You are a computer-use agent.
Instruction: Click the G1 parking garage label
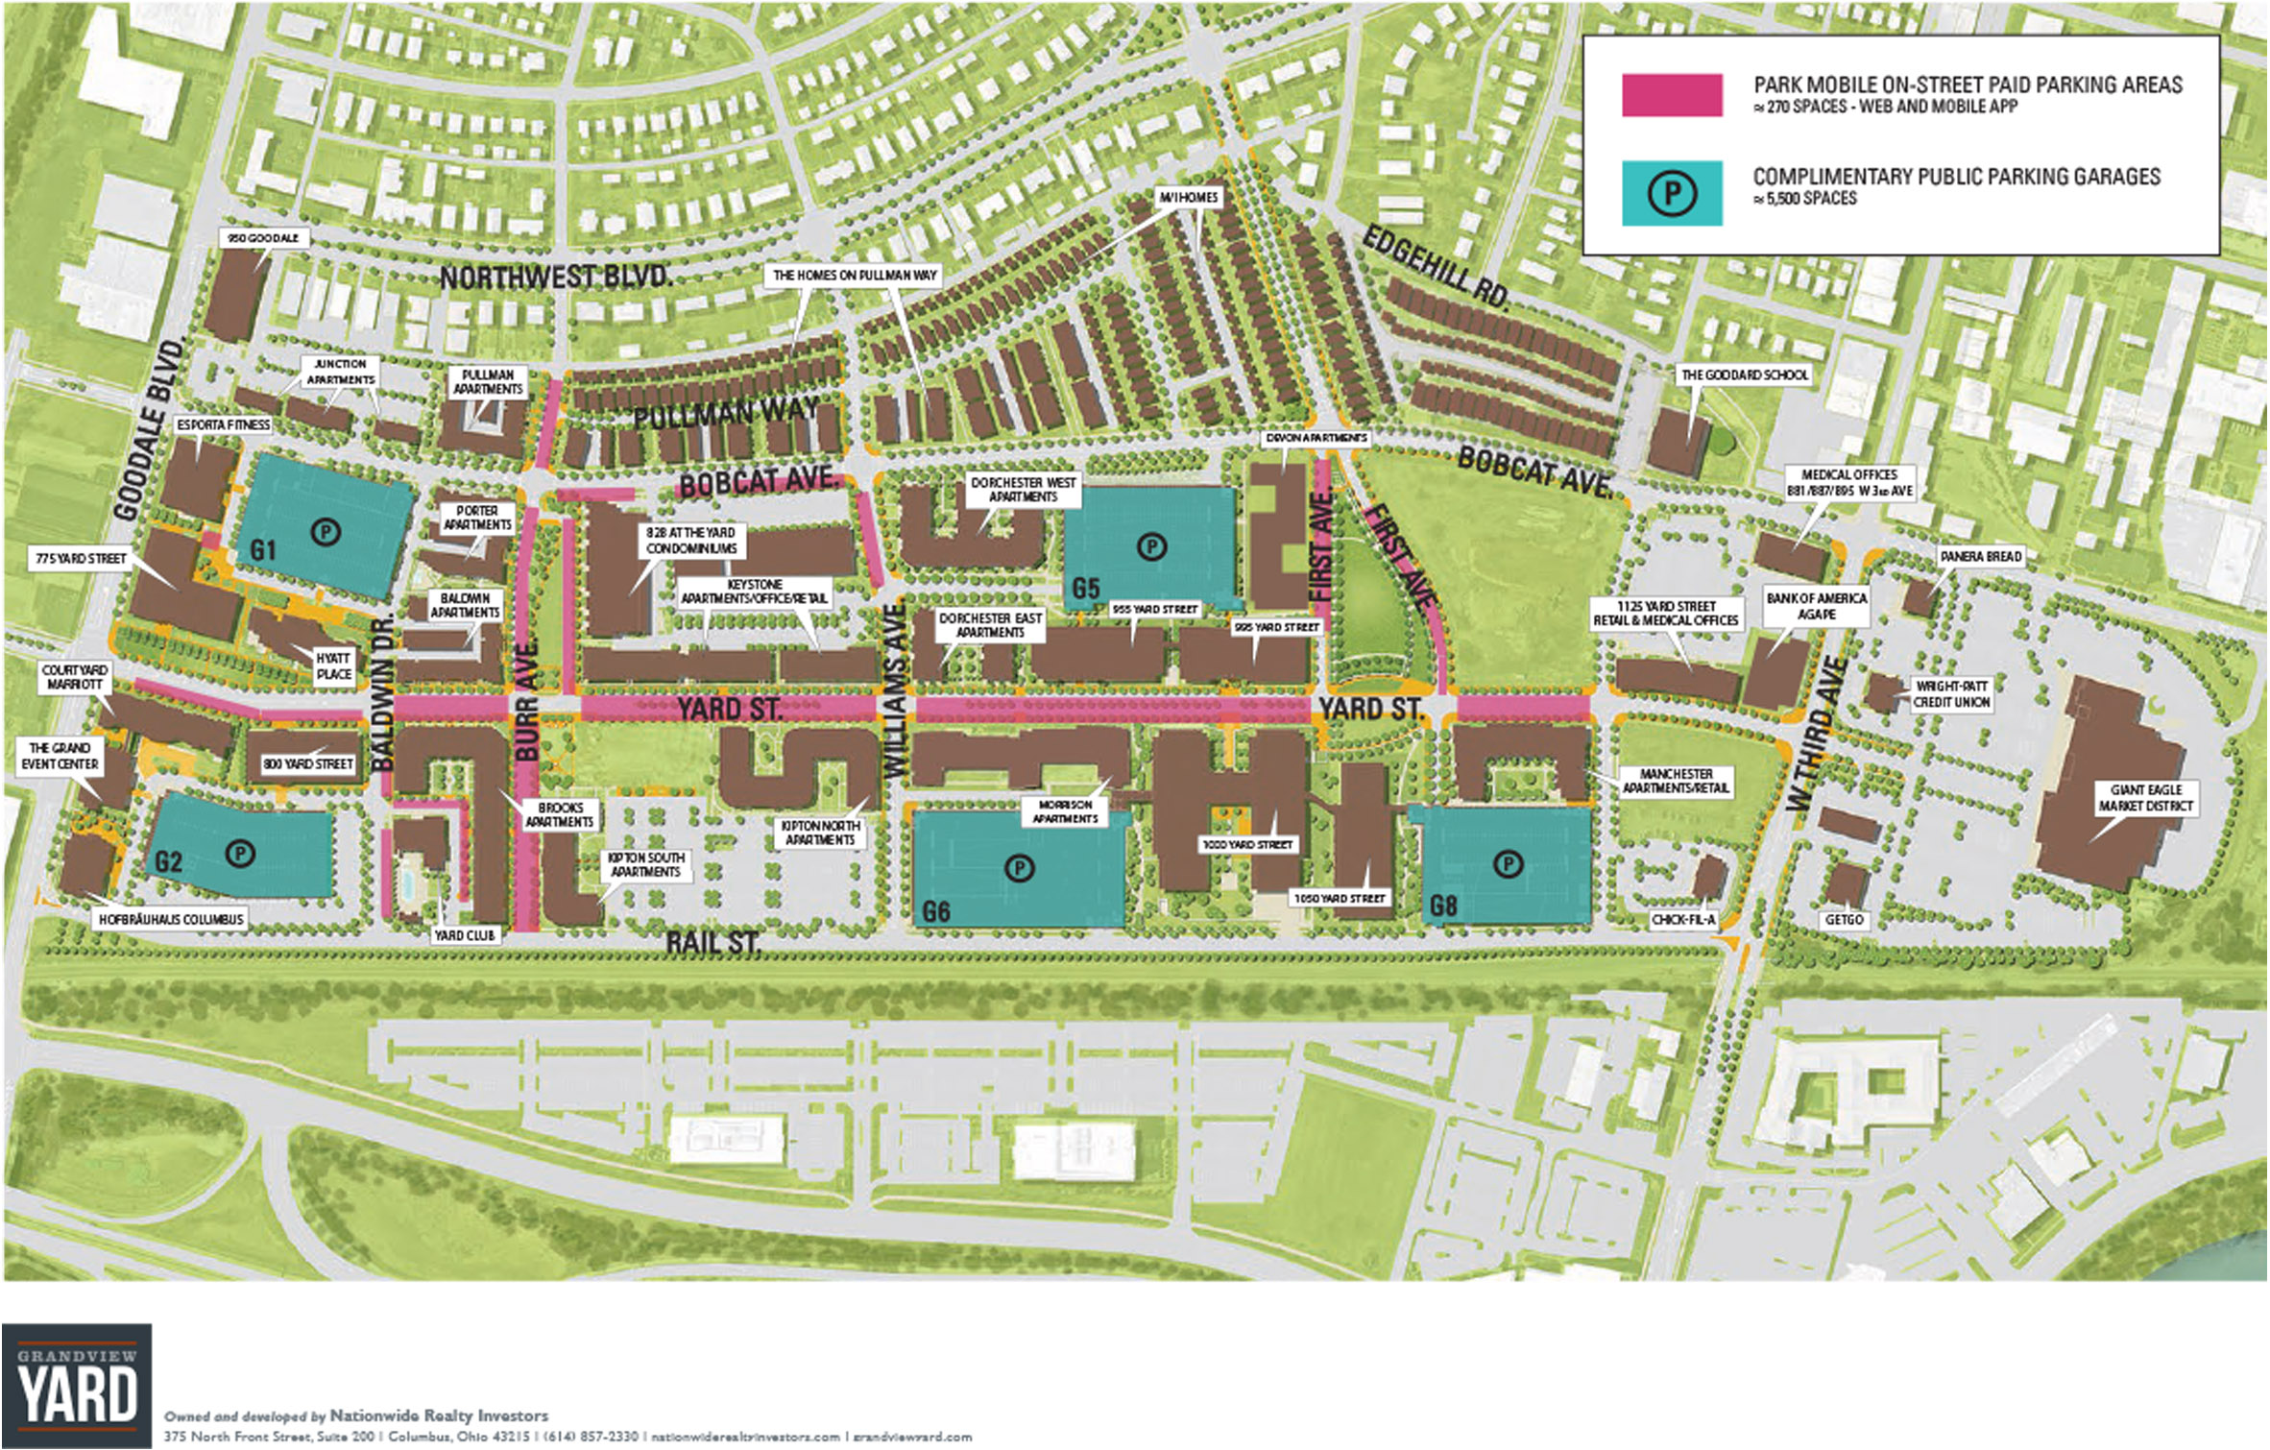(x=263, y=550)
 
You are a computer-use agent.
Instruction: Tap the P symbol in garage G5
(x=1150, y=547)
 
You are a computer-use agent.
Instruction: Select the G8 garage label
(x=1443, y=906)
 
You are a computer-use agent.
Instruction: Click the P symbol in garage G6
(x=1019, y=869)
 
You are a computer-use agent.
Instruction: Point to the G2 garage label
(x=168, y=861)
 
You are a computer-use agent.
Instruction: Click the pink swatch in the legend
(x=1671, y=95)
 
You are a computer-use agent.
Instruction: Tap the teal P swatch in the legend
(x=1671, y=194)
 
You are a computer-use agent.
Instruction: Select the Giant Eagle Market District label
(x=2145, y=798)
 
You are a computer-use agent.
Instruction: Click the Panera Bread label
(x=1980, y=557)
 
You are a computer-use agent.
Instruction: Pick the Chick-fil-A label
(x=1683, y=920)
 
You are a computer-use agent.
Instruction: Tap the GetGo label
(x=1844, y=920)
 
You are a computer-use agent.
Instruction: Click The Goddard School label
(x=1744, y=375)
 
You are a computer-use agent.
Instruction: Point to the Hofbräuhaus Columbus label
(x=171, y=919)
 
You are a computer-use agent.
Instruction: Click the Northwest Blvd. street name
(x=556, y=278)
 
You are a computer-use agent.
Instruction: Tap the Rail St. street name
(x=713, y=943)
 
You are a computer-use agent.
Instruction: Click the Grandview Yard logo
(x=77, y=1385)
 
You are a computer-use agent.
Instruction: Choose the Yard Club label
(x=465, y=935)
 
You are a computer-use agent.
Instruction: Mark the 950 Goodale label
(x=263, y=237)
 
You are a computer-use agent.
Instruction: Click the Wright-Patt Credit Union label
(x=1951, y=694)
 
